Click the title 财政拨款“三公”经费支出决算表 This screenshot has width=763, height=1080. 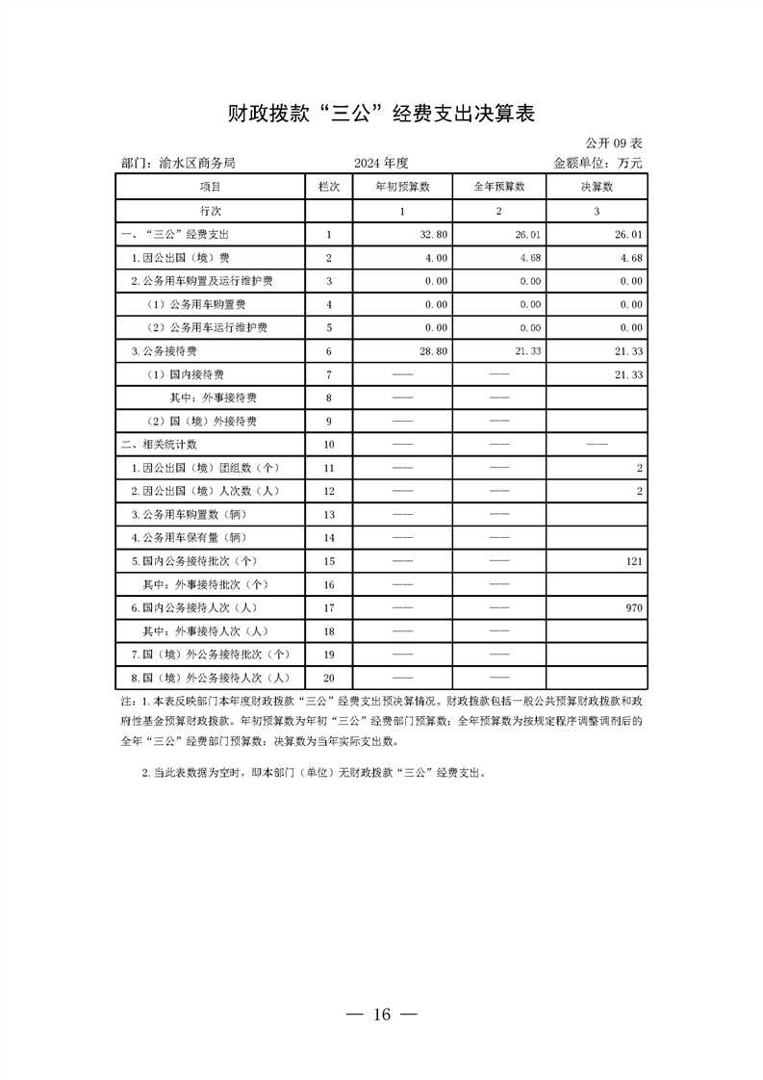381,114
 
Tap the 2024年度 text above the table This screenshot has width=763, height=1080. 381,164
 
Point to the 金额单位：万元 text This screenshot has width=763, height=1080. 598,164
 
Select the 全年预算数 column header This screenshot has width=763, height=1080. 499,187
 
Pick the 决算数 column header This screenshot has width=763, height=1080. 597,187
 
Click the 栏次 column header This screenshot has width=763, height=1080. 329,187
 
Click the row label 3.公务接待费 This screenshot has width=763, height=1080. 165,351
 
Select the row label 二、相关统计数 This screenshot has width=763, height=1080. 159,445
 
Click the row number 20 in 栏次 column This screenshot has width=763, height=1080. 329,678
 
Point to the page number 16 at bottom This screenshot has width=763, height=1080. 381,1015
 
